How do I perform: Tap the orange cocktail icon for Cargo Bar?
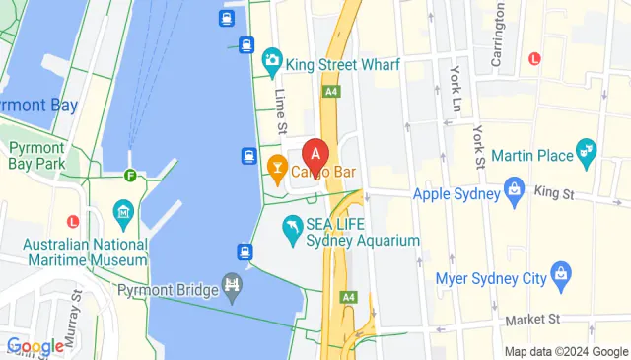pos(278,170)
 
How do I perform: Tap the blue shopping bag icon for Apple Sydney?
pos(513,188)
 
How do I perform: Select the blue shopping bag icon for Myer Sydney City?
pos(560,271)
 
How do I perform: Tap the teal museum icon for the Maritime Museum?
pos(123,211)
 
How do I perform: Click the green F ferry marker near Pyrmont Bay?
pos(130,177)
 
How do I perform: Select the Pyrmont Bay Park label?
pos(36,155)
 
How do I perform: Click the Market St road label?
pos(532,319)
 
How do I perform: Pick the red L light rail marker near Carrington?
pos(534,58)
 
